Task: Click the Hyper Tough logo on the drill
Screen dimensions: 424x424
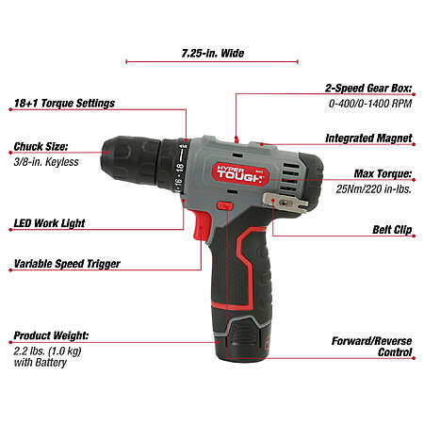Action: click(240, 174)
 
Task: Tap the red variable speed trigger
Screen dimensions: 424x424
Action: click(201, 226)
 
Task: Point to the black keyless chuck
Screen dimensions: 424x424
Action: click(131, 161)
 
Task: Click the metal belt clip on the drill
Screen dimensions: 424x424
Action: click(285, 203)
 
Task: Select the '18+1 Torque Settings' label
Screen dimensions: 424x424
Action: click(64, 103)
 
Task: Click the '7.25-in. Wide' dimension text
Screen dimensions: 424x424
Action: click(213, 53)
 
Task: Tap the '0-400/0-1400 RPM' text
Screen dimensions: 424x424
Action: click(370, 104)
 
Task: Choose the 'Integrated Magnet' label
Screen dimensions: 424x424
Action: click(368, 139)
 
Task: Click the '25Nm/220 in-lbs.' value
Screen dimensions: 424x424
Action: click(374, 188)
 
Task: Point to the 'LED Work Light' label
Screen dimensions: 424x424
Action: click(49, 223)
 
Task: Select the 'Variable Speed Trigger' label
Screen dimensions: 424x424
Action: click(67, 264)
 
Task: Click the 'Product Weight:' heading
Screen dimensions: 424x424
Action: click(51, 335)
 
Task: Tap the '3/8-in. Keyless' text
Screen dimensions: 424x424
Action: click(46, 162)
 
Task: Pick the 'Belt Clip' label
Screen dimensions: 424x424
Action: click(392, 230)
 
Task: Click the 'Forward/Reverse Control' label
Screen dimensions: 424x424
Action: click(371, 347)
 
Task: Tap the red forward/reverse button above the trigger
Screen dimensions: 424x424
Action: click(224, 206)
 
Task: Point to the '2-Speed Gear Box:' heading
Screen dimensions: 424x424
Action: click(368, 89)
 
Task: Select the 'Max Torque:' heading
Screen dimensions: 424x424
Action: click(383, 173)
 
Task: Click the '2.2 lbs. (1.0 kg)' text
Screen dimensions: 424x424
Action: click(47, 351)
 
